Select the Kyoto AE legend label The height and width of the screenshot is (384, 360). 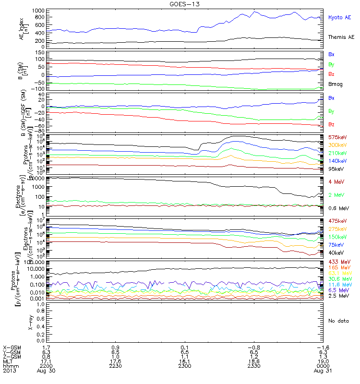click(x=340, y=17)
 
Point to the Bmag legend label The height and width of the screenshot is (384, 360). click(x=335, y=84)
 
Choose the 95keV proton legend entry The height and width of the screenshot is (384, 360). click(x=334, y=168)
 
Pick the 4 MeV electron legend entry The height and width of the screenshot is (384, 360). click(x=335, y=181)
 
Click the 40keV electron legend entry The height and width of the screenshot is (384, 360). click(x=334, y=252)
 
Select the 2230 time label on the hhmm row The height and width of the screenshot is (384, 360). click(x=112, y=366)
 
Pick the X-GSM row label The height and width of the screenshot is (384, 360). click(x=12, y=347)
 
